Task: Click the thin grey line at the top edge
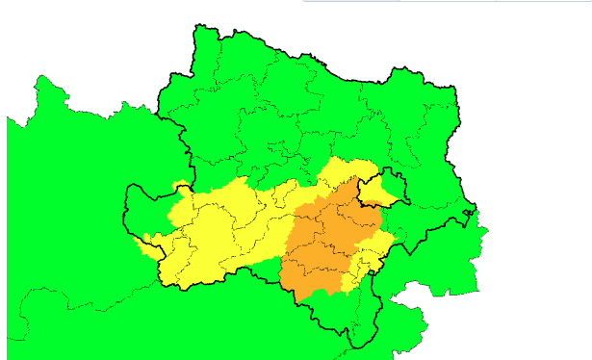click(433, 2)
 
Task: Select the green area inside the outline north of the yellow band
click(289, 106)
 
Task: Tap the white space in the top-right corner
click(539, 48)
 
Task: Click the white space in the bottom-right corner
click(539, 327)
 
